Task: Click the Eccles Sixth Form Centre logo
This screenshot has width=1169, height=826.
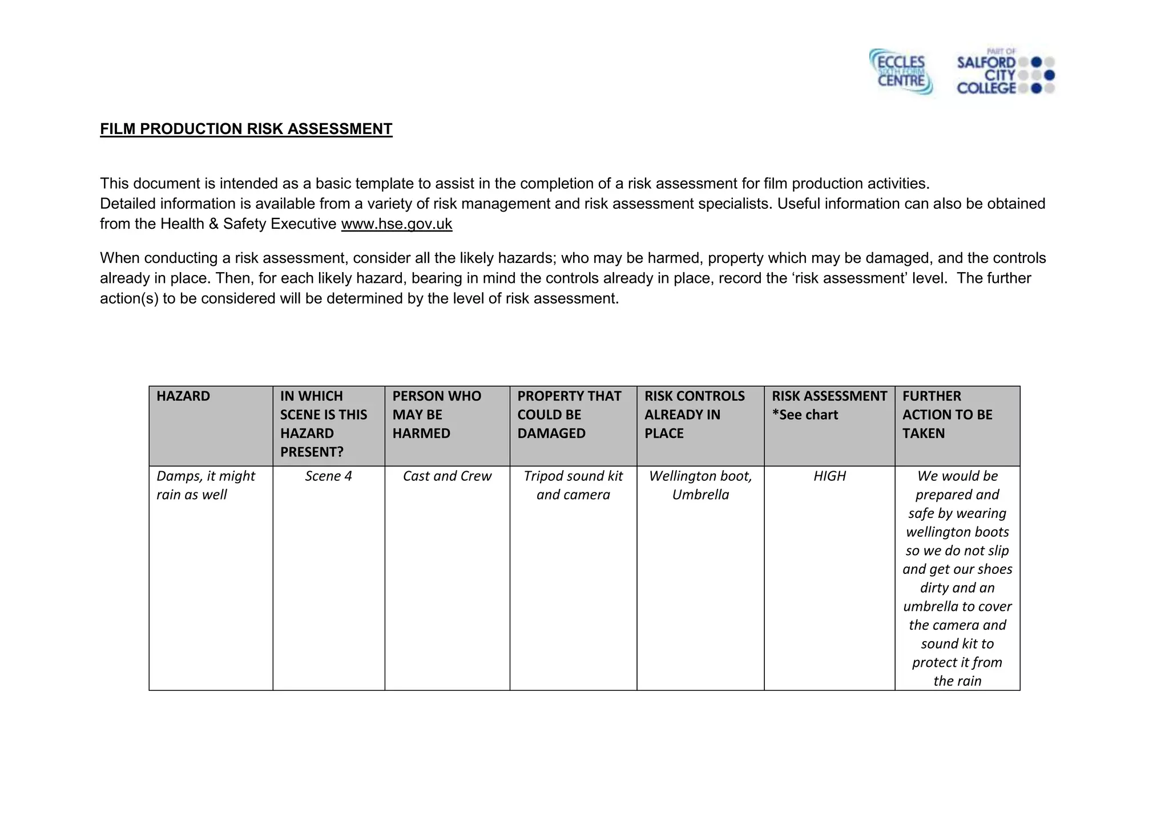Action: coord(901,72)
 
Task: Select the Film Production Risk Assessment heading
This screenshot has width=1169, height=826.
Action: coord(246,129)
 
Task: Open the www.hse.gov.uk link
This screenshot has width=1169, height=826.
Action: coord(396,224)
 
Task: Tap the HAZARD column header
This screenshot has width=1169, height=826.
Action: coord(183,396)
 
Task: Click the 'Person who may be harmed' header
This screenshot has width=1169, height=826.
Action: coord(437,415)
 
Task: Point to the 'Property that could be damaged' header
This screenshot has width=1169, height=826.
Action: coord(569,415)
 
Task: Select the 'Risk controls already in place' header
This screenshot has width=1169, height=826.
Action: coord(694,415)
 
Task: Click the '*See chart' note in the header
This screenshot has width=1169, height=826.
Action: coord(805,415)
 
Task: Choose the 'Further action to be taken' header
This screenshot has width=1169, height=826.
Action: coord(947,415)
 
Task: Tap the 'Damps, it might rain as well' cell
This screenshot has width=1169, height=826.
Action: coord(205,485)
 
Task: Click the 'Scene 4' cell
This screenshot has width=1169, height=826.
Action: coord(328,476)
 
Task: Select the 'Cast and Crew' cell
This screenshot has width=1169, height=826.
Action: coord(447,476)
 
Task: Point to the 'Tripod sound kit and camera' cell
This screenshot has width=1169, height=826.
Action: coord(573,485)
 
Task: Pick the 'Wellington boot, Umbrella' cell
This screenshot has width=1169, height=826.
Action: coord(700,485)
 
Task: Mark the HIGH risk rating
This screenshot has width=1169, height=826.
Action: coord(829,476)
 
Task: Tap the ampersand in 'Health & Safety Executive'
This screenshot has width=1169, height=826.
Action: coord(213,224)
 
